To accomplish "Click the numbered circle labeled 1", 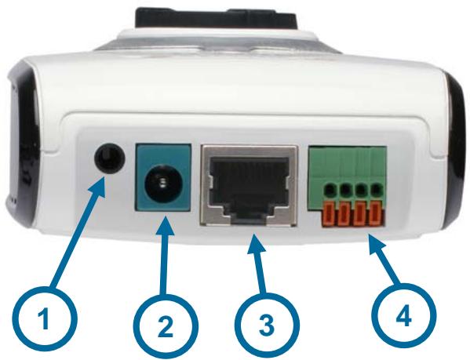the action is coord(45,320).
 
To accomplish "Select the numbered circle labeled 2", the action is coord(165,327).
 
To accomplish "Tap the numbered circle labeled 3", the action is coord(267,325).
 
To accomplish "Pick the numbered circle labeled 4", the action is coord(403,317).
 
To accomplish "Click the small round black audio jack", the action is coord(109,157).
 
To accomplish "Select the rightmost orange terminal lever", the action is coord(376,214).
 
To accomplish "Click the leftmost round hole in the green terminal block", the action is coord(330,189).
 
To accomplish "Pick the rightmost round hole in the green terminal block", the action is coord(377,189).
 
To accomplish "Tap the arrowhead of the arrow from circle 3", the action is coord(255,242).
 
